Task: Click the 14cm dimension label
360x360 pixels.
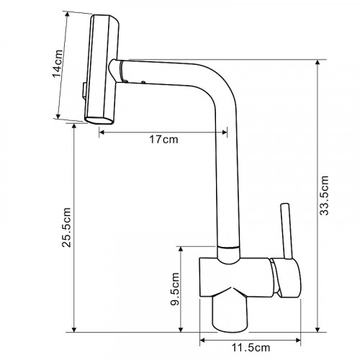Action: [58, 63]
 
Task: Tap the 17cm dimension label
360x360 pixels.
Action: [164, 140]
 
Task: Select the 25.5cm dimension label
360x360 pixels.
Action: [66, 228]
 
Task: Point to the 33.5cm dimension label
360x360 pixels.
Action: [324, 195]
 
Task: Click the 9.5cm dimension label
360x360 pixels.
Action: [175, 289]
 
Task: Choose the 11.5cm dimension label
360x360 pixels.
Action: [251, 348]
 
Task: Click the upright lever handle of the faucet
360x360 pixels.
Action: [287, 231]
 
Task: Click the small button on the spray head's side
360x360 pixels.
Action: [84, 91]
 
